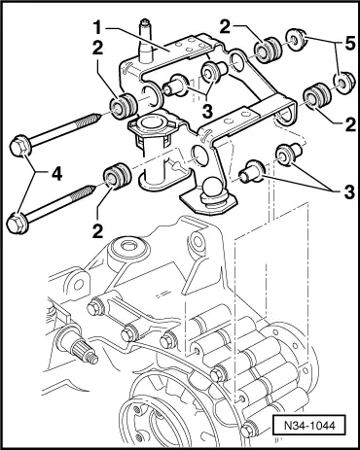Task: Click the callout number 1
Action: point(96,28)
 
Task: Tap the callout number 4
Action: point(55,174)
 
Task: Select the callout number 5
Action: point(349,43)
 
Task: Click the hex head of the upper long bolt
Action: point(19,148)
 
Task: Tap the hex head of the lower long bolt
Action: point(17,222)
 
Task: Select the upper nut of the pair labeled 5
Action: point(296,40)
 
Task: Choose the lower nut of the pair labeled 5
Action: point(342,85)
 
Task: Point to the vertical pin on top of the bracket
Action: point(145,41)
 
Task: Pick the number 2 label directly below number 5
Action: point(350,124)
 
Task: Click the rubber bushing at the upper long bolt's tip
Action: point(123,106)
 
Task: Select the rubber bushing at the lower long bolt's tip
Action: point(117,177)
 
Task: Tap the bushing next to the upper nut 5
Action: point(268,50)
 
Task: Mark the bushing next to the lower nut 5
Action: point(317,96)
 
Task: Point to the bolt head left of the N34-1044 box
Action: point(248,430)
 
